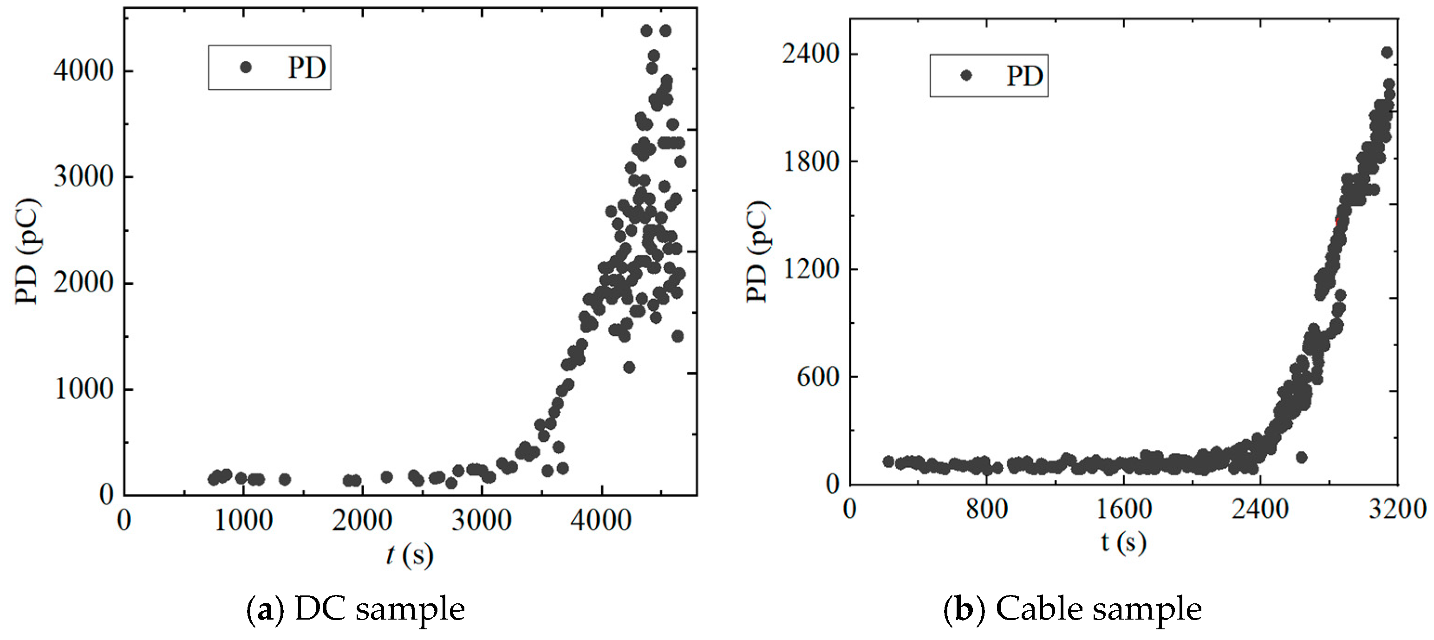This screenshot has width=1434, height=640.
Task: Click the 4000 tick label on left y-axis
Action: pos(84,71)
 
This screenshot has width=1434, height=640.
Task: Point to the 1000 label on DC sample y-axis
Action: pos(84,389)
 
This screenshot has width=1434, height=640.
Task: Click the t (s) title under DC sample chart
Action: pos(410,555)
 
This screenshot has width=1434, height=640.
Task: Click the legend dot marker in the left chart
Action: pos(246,67)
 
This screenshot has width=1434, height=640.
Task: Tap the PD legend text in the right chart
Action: pos(1024,76)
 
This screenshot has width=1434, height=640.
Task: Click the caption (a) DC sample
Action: pos(355,609)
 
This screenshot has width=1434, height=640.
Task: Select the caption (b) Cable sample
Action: pos(1072,609)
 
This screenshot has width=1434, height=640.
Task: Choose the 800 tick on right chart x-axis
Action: pos(986,509)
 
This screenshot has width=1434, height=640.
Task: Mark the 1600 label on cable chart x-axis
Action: pos(1123,509)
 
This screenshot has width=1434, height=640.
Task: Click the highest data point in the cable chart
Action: pos(1387,52)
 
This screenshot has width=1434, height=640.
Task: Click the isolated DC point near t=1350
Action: pos(285,479)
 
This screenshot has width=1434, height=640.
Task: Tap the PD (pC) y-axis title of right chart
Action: pos(758,252)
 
